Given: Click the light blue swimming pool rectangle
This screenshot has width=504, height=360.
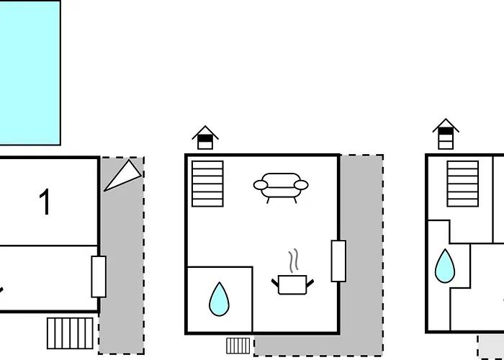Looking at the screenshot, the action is tap(30, 72).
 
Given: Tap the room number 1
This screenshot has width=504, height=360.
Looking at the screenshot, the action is tap(45, 202).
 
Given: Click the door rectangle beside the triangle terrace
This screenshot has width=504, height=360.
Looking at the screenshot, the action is tap(99, 276).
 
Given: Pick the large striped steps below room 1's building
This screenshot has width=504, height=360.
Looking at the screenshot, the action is tap(70, 333).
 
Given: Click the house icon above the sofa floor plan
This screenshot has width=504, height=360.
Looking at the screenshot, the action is tap(205, 138).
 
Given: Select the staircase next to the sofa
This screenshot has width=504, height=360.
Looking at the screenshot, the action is tap(207, 184).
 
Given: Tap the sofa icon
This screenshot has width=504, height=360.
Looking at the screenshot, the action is tap(281, 188).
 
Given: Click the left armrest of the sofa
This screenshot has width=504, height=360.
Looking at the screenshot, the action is tap(261, 185).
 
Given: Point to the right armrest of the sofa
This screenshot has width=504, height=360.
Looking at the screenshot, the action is tap(301, 185).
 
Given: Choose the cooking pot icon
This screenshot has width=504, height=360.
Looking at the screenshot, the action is tap(292, 285).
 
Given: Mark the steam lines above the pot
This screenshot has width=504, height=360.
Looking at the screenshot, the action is tap(294, 261).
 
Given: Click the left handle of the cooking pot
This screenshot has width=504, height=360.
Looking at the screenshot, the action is tap(275, 283).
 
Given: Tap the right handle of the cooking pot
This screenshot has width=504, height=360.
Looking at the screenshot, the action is tap(310, 283).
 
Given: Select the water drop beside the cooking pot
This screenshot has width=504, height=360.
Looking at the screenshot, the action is tap(219, 300).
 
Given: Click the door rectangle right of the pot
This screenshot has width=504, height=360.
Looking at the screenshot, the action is tap(339, 261).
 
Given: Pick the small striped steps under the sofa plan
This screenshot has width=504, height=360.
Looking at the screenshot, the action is tap(238, 346).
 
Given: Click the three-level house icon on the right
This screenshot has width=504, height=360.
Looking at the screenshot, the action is tap(446, 134).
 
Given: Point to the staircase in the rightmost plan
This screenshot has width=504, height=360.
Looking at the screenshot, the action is tap(462, 184).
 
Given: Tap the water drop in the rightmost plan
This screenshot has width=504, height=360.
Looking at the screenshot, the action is tap(445, 266).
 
